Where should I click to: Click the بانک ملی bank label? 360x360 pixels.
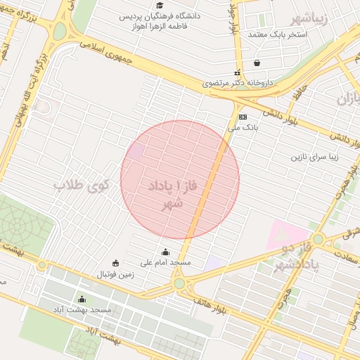tap(244, 129)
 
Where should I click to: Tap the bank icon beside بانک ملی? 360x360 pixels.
tap(243, 117)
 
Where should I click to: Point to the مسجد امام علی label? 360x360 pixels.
tap(165, 263)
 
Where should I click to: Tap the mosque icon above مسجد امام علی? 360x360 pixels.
tap(166, 252)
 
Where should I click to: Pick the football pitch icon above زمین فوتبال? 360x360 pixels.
tap(116, 264)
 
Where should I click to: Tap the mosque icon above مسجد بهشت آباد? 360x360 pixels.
tap(82, 299)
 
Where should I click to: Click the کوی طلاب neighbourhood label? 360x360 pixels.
tap(82, 186)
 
